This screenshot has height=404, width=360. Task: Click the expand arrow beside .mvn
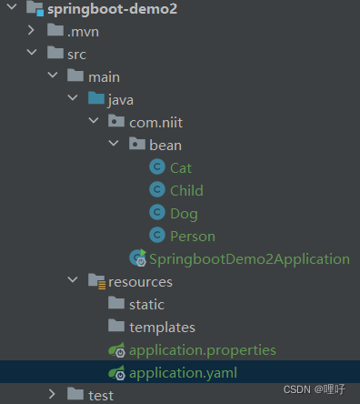32,32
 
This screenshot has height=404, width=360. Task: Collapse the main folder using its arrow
53,77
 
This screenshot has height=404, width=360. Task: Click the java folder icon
95,99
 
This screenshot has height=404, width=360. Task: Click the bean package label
165,145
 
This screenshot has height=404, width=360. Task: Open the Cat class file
181,167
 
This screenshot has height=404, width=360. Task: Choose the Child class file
186,190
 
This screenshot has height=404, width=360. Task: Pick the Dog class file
184,213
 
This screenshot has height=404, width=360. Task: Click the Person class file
193,236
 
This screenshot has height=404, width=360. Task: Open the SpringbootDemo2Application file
249,258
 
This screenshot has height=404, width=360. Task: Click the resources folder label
140,282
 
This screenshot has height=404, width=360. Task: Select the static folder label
146,304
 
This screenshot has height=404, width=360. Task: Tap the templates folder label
162,327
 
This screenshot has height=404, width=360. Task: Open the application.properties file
202,349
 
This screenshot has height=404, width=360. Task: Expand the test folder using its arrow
53,394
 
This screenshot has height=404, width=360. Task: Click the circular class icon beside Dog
156,213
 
